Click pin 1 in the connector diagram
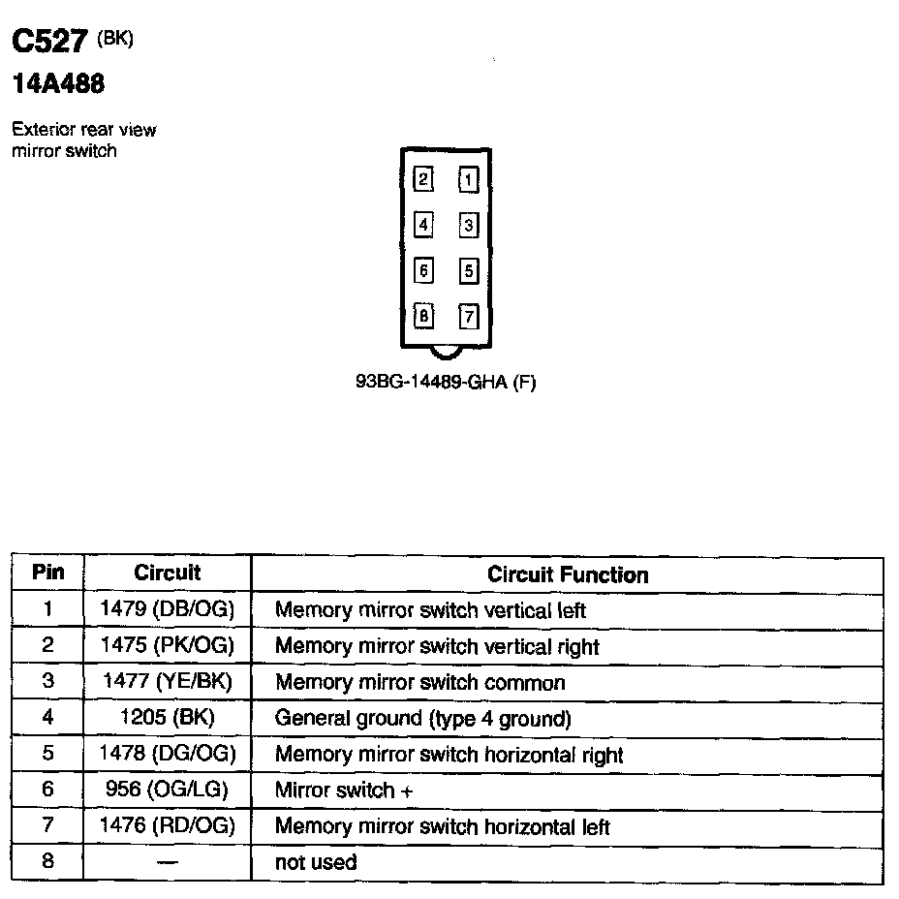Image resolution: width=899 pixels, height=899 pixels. (x=468, y=180)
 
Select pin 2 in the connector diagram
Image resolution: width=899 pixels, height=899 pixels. (x=423, y=179)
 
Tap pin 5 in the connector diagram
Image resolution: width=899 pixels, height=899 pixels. (x=468, y=270)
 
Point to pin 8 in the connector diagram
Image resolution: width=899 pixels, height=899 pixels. (x=423, y=316)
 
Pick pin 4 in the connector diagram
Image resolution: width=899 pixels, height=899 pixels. (x=423, y=225)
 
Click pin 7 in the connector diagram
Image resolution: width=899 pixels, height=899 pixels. (x=468, y=316)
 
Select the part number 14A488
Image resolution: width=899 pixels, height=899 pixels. (x=57, y=85)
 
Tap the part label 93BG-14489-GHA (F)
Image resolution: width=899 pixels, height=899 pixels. (x=446, y=382)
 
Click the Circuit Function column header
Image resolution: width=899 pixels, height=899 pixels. (x=568, y=574)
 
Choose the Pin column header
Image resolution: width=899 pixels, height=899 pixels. (x=48, y=573)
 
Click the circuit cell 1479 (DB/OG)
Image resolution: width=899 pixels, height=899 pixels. (x=168, y=610)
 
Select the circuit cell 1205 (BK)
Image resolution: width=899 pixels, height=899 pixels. (x=168, y=718)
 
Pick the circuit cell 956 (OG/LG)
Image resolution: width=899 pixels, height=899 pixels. (x=168, y=790)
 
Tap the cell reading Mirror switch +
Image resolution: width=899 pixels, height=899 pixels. (x=344, y=790)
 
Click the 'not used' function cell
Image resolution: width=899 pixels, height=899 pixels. (x=316, y=862)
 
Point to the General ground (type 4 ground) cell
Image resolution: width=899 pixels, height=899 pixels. (x=423, y=719)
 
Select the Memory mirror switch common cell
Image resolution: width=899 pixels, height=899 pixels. (x=419, y=683)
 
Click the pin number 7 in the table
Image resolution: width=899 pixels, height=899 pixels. (x=48, y=826)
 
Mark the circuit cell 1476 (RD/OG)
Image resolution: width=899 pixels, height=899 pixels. (x=168, y=826)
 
